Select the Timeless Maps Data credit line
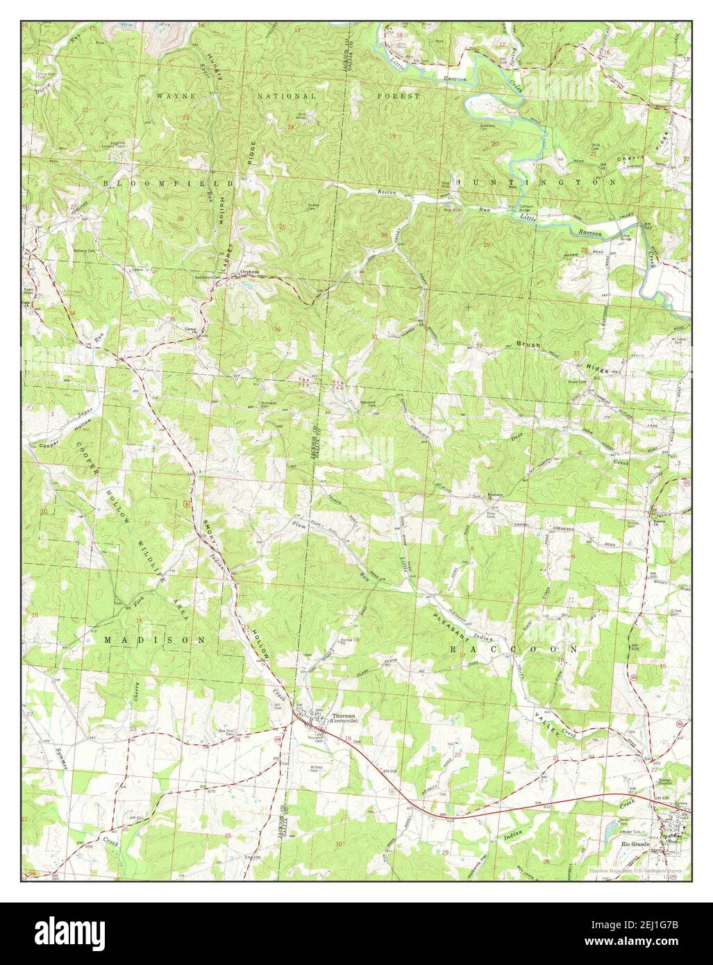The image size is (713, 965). [634, 870]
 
